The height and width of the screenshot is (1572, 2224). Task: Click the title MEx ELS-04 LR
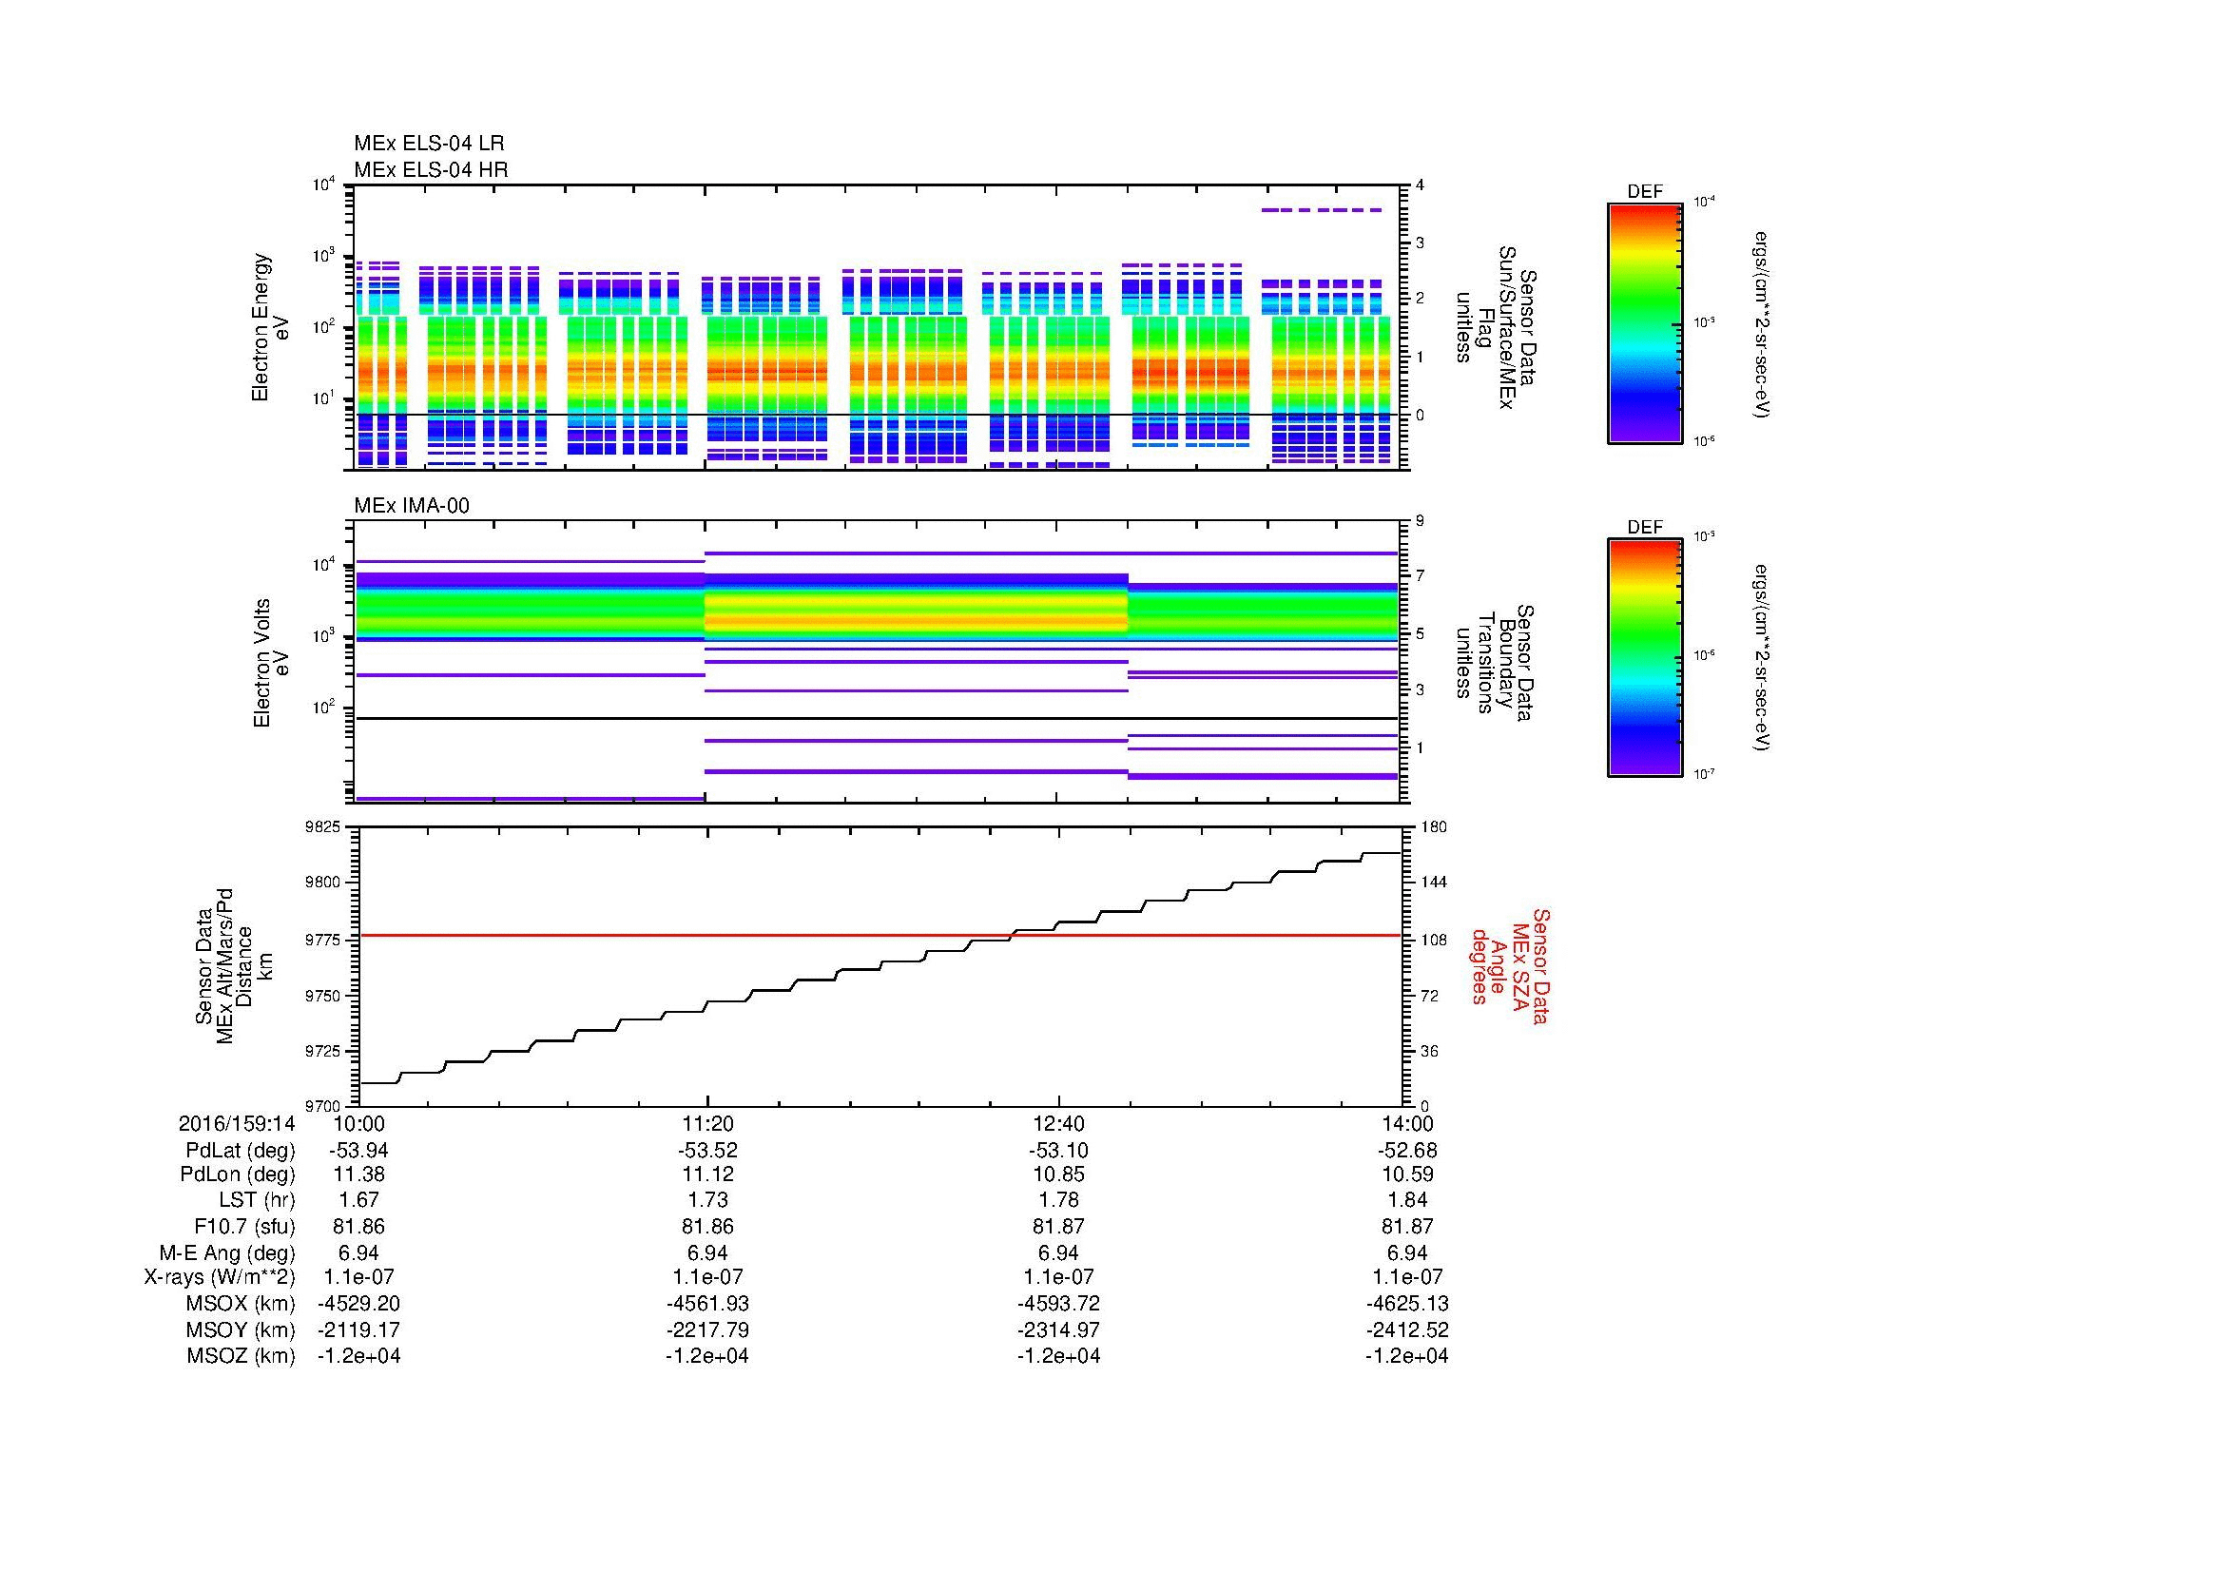(x=429, y=144)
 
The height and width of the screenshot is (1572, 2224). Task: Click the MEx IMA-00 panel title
(x=412, y=506)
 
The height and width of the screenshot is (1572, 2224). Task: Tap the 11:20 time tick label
(x=707, y=1123)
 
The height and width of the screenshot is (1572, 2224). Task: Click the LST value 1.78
(x=1057, y=1201)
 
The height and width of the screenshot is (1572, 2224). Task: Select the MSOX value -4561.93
(x=707, y=1304)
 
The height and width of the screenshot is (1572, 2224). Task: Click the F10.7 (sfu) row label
(x=244, y=1226)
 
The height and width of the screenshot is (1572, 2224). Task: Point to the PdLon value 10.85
(x=1057, y=1174)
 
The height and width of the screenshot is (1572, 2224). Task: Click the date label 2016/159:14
(x=237, y=1123)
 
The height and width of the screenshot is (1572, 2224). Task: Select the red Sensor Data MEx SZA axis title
(x=1510, y=966)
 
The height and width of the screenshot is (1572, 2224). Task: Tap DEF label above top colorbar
(x=1644, y=193)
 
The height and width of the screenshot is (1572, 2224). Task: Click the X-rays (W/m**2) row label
(x=219, y=1277)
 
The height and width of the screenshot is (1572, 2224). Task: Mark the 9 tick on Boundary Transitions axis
(x=1420, y=521)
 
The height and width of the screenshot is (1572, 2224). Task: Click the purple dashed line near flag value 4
(x=1322, y=209)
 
